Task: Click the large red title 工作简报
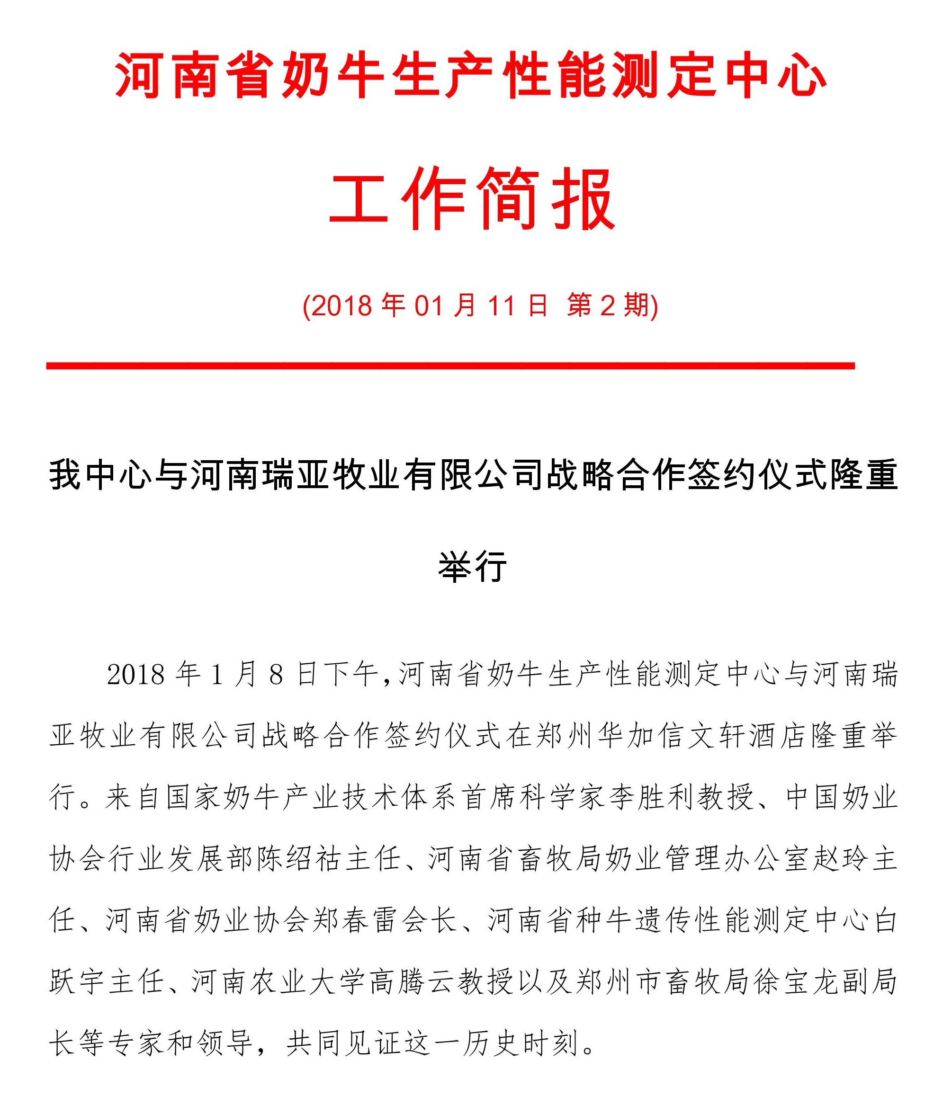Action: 472,198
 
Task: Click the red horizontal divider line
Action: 450,365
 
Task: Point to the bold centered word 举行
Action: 472,567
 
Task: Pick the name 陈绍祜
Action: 299,859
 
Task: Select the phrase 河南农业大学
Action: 278,982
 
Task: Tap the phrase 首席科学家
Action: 535,797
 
